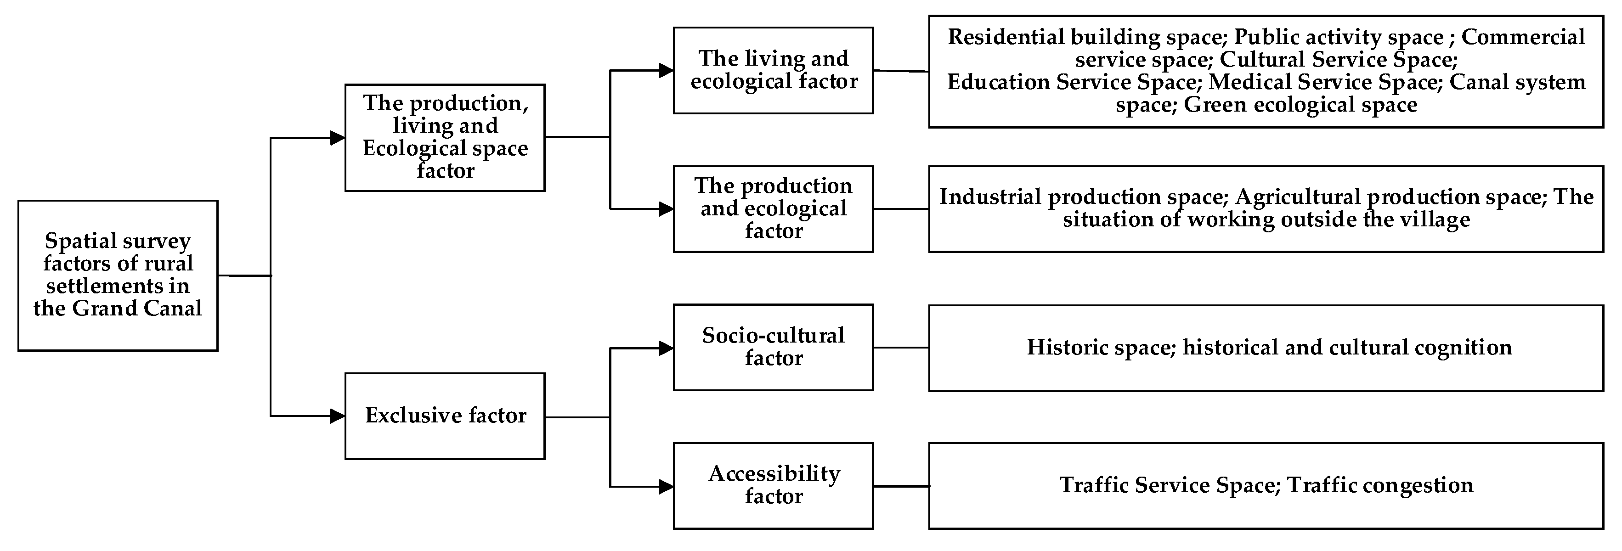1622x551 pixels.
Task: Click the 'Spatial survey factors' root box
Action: pyautogui.click(x=118, y=275)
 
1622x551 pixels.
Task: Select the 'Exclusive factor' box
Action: pyautogui.click(x=445, y=416)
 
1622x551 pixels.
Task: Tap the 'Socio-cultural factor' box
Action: pyautogui.click(x=773, y=347)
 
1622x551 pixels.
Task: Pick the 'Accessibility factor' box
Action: pyautogui.click(x=773, y=485)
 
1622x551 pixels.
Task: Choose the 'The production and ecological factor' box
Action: pyautogui.click(x=773, y=208)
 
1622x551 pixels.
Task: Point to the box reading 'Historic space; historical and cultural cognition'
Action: pyautogui.click(x=1266, y=348)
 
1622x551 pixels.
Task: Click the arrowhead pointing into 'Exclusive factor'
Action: pyautogui.click(x=338, y=416)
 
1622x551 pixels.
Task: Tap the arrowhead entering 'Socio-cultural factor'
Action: pyautogui.click(x=666, y=348)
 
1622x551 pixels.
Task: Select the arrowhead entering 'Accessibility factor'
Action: pyautogui.click(x=666, y=486)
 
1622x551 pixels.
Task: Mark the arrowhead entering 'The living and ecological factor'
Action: pyautogui.click(x=666, y=71)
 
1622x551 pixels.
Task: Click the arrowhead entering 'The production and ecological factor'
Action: pyautogui.click(x=666, y=208)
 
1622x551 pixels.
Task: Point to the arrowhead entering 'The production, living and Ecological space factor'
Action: pyautogui.click(x=338, y=138)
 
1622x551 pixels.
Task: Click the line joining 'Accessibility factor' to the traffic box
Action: pyautogui.click(x=901, y=486)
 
